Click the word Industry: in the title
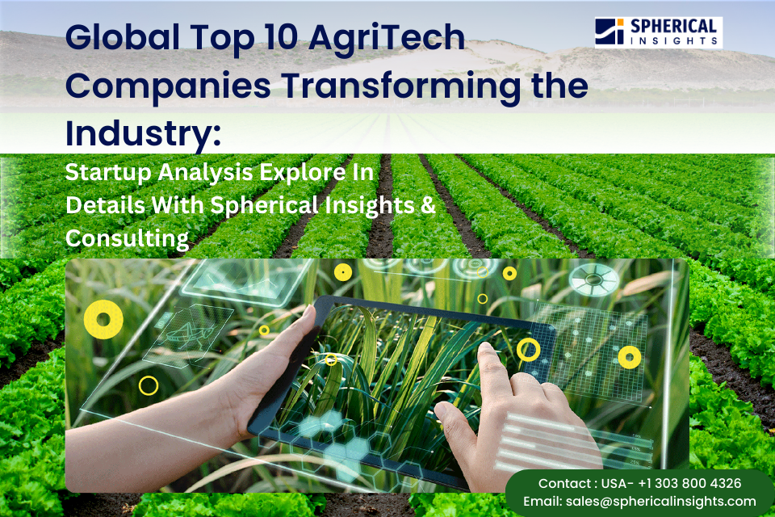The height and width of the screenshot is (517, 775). click(x=143, y=132)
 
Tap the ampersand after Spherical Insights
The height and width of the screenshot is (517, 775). click(x=428, y=205)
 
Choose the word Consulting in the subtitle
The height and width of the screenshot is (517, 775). click(x=127, y=238)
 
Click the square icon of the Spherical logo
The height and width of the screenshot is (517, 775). click(x=610, y=32)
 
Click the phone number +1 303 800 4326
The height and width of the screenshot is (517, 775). click(x=689, y=483)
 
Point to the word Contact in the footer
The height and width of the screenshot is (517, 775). click(x=565, y=483)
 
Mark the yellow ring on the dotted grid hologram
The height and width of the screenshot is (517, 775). click(x=629, y=356)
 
